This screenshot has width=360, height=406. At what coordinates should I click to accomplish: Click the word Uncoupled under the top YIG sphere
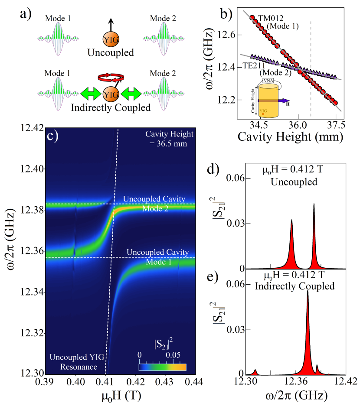(110, 53)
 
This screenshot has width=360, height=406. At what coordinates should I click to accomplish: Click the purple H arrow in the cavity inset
(284, 100)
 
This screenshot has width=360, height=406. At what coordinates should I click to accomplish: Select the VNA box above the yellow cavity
(269, 75)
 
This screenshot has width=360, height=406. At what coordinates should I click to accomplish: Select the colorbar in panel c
(163, 367)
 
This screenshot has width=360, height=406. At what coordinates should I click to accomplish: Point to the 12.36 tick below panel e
(296, 384)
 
